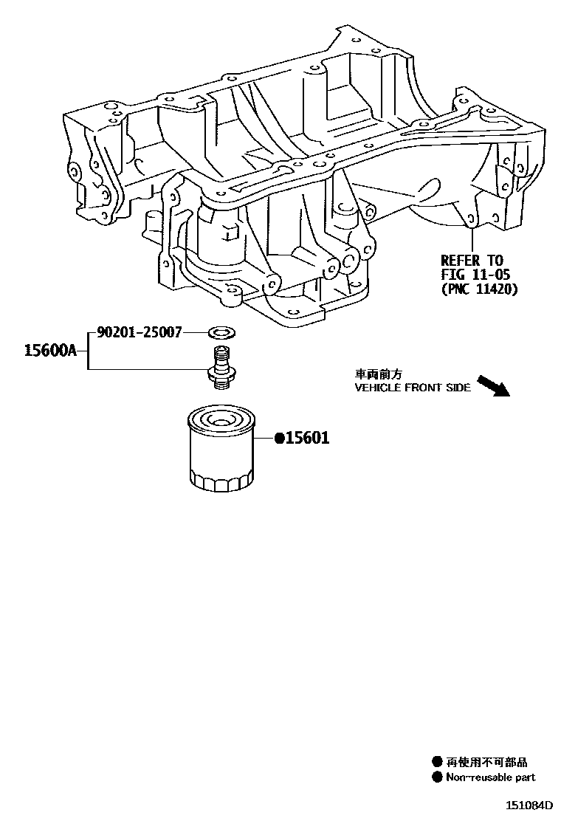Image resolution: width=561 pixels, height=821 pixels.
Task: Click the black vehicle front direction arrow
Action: click(x=493, y=385)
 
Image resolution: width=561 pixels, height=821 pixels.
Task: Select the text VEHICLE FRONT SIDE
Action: click(x=413, y=388)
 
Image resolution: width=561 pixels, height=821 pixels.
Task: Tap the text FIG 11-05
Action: click(x=472, y=275)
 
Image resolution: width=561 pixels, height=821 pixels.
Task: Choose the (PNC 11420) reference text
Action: click(x=479, y=289)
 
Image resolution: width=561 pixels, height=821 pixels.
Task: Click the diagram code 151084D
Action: click(x=529, y=805)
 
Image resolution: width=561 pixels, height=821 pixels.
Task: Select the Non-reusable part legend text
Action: click(x=491, y=777)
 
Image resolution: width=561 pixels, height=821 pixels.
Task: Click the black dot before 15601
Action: click(x=280, y=439)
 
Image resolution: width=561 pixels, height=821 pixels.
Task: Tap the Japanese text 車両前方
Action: click(x=379, y=375)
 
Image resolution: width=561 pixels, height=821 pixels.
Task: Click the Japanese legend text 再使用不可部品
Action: click(x=487, y=763)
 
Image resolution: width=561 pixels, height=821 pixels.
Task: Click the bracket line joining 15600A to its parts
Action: click(x=89, y=351)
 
